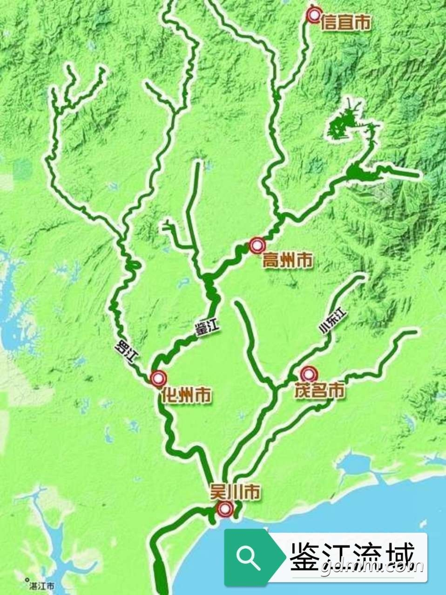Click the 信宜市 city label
tap(346, 23)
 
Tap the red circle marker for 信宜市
tap(314, 15)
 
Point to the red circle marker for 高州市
tap(257, 245)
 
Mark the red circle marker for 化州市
tap(158, 378)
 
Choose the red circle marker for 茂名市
tap(308, 374)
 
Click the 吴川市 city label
tap(234, 493)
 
